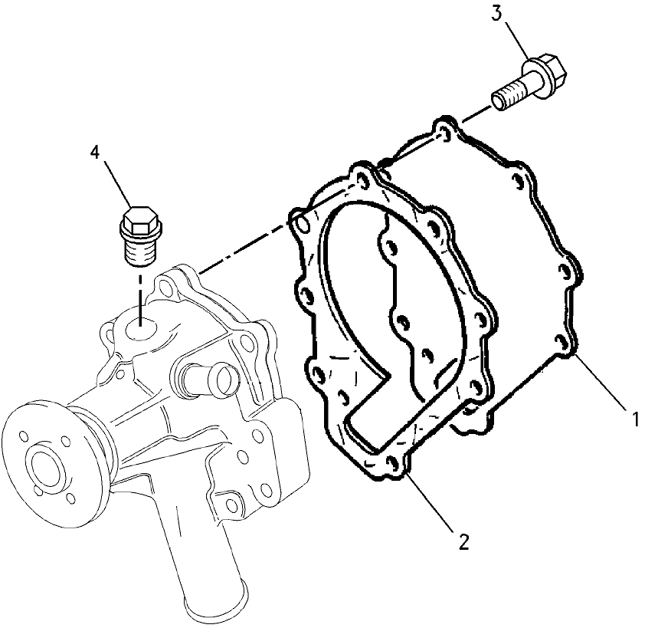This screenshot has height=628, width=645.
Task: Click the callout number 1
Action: click(635, 419)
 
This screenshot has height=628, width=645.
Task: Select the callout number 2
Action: click(463, 541)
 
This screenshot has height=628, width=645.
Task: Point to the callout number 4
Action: click(95, 152)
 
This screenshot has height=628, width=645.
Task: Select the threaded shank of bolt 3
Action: click(509, 95)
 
